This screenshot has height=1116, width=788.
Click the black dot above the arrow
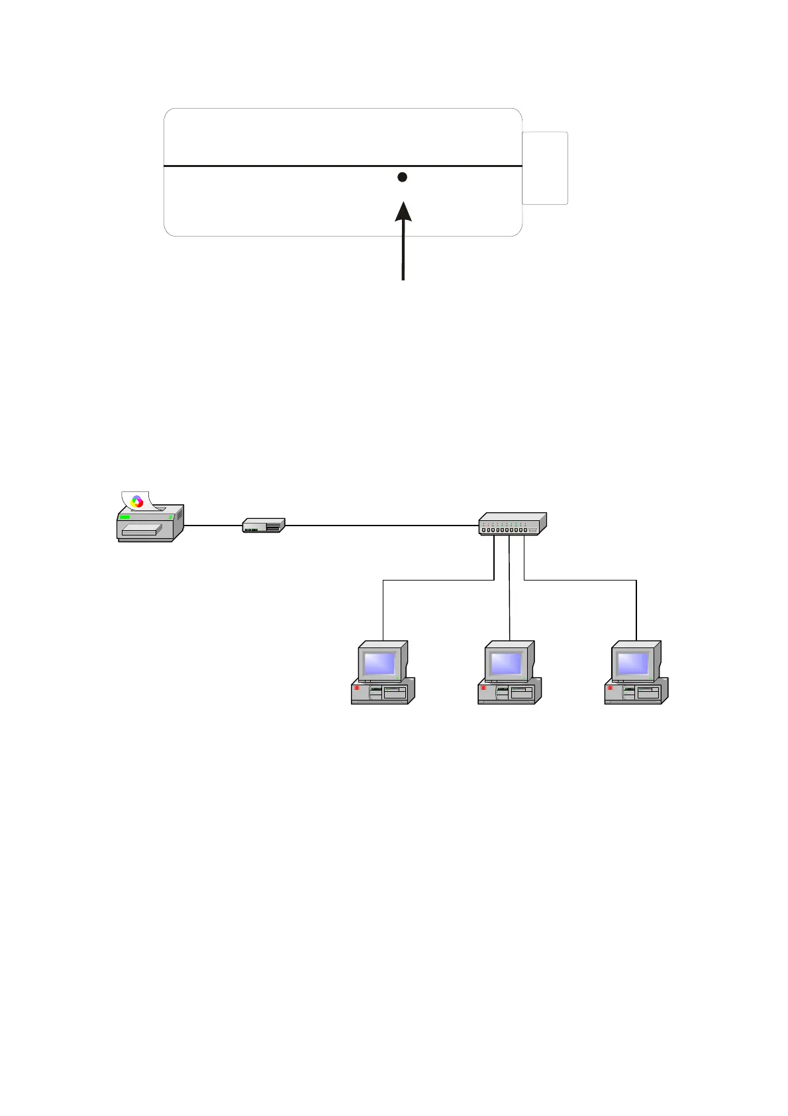click(x=402, y=177)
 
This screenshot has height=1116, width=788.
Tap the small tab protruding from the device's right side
click(x=545, y=168)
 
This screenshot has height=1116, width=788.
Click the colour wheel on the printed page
click(x=137, y=502)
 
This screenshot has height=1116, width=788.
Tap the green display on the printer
click(x=124, y=516)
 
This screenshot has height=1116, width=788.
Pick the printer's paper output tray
click(x=142, y=530)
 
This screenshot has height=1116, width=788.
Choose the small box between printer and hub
click(x=264, y=526)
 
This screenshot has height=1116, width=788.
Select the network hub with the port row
click(x=513, y=524)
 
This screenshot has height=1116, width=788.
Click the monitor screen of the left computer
click(x=379, y=663)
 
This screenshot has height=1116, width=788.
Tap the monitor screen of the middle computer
click(x=507, y=663)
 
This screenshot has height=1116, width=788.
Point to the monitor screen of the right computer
click(x=633, y=663)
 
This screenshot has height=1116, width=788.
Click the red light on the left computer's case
click(x=356, y=689)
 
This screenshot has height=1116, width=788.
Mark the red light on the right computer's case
click(x=610, y=689)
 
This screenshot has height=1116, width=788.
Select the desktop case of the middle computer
click(x=509, y=692)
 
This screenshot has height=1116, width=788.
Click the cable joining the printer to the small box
click(x=213, y=526)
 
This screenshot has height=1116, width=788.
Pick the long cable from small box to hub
click(x=381, y=526)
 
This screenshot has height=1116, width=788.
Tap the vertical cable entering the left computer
click(x=383, y=610)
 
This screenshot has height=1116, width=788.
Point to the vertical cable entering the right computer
click(x=636, y=610)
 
